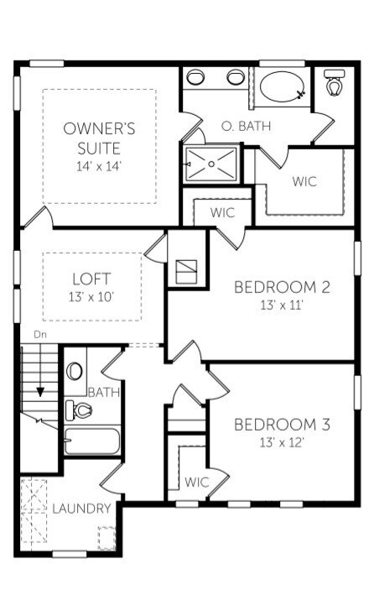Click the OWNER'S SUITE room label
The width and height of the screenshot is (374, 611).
click(99, 138)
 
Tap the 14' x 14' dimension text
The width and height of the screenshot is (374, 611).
click(99, 166)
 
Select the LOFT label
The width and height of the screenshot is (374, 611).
click(92, 279)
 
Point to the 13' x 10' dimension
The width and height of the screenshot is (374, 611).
click(91, 297)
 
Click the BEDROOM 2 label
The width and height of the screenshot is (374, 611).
click(282, 287)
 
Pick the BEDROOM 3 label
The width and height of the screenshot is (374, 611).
click(282, 425)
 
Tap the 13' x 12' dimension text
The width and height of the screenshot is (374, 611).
click(282, 442)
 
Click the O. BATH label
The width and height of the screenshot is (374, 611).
click(246, 126)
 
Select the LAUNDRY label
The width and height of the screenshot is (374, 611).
click(81, 508)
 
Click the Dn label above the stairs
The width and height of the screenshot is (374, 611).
click(40, 334)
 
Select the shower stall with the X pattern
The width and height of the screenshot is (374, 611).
click(211, 164)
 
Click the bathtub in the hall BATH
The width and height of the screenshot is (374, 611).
click(92, 441)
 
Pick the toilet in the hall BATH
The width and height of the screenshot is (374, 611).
click(78, 410)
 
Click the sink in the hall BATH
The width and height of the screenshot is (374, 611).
click(75, 371)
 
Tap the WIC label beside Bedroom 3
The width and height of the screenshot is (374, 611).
click(196, 482)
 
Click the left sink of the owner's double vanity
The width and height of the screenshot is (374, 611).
click(195, 76)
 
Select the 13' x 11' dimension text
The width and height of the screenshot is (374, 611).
click(282, 305)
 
